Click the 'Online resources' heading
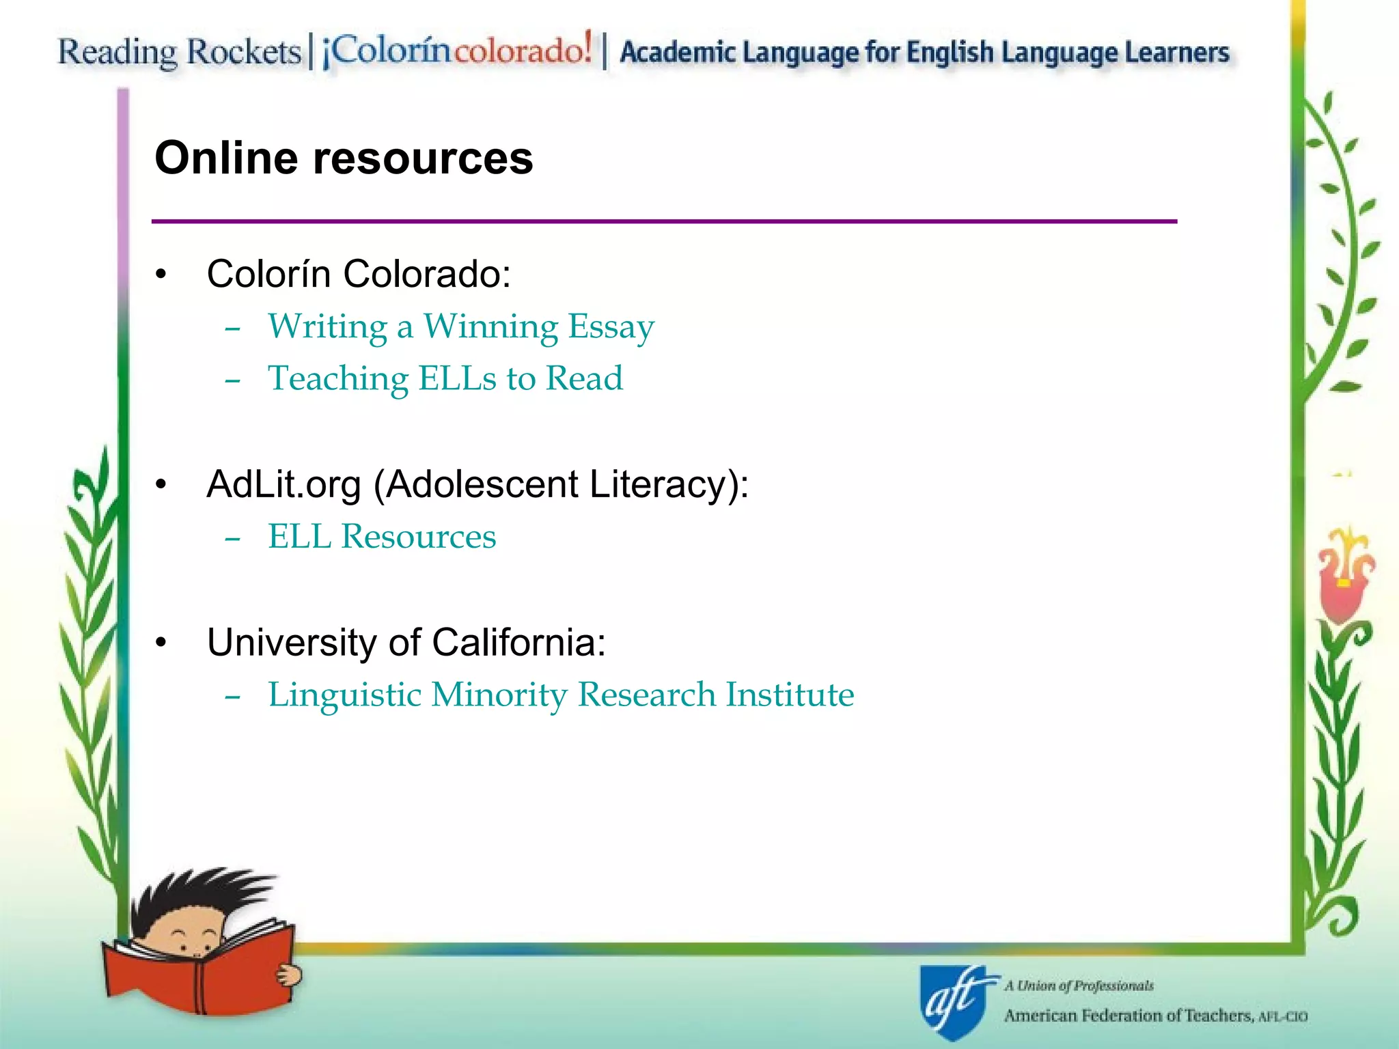[344, 158]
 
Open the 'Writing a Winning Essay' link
[461, 326]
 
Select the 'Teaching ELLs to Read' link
[445, 379]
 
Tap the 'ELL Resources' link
[382, 537]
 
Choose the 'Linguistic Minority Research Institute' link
[561, 695]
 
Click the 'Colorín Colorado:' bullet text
[359, 274]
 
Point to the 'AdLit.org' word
[283, 485]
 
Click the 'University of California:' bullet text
[406, 643]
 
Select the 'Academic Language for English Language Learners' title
[924, 53]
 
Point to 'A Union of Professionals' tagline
[1079, 985]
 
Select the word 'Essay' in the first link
[611, 326]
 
